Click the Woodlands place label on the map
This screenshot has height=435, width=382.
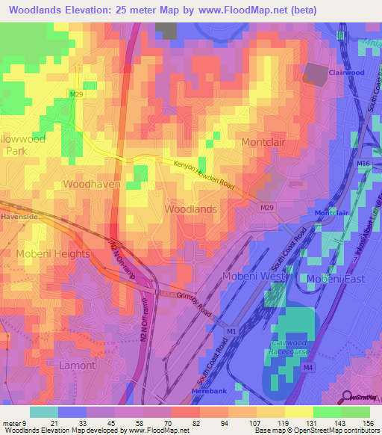point(190,209)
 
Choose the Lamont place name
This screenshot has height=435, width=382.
point(77,365)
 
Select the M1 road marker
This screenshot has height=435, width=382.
point(231,331)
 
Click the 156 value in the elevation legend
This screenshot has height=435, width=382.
point(368,423)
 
